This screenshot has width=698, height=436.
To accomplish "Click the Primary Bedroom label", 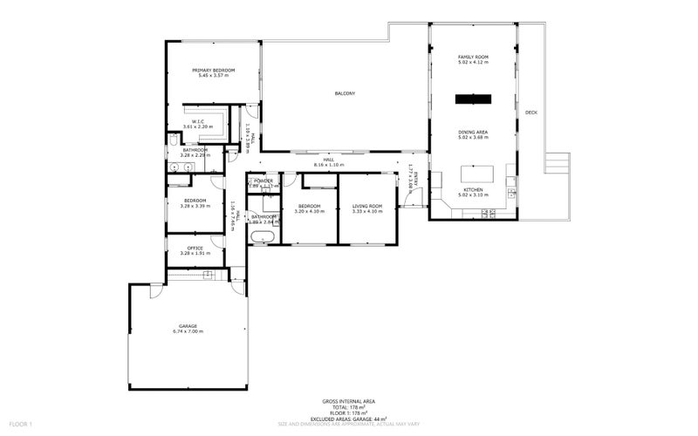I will pos(214,70).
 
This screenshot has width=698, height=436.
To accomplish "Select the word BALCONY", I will pos(345,93).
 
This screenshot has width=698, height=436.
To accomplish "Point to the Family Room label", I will pos(473,58).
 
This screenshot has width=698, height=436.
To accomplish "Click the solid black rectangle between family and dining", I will pos(473,98).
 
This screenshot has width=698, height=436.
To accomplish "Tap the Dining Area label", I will pos(473,132).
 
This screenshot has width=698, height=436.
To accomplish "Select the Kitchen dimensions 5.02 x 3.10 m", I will pos(473,194).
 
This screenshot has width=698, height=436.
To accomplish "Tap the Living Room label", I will pos(366,206).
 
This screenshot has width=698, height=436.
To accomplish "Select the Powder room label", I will pos(263,181).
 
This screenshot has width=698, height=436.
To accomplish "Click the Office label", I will pos(195,249).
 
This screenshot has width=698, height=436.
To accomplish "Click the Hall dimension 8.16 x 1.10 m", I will pos(329,165).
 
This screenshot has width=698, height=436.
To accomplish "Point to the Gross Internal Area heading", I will pos(349,402).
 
